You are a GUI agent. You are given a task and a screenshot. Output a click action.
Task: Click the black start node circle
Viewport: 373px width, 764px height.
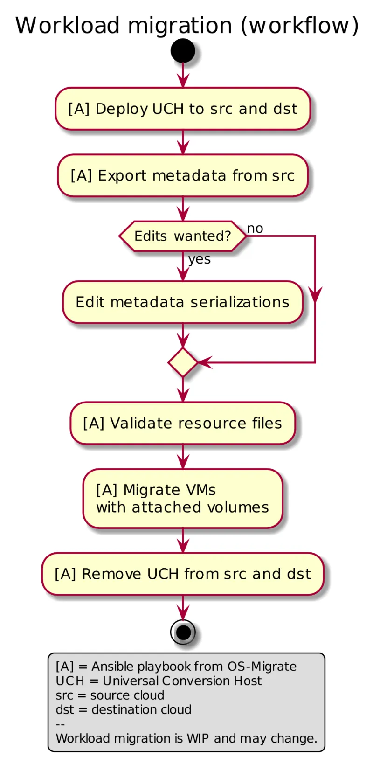pyautogui.click(x=183, y=51)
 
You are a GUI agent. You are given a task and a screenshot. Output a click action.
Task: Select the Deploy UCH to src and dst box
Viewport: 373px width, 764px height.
pyautogui.click(x=183, y=109)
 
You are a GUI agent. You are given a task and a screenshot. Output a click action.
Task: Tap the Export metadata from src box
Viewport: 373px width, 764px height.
pyautogui.click(x=183, y=175)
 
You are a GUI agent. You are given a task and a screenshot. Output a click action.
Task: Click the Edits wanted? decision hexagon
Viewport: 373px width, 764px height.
pyautogui.click(x=183, y=236)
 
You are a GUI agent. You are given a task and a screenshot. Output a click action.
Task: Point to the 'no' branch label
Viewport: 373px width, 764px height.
pyautogui.click(x=255, y=229)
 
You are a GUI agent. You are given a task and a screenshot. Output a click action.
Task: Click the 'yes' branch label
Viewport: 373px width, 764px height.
pyautogui.click(x=200, y=259)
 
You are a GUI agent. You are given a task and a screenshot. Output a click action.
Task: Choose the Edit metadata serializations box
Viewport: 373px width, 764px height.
pyautogui.click(x=183, y=302)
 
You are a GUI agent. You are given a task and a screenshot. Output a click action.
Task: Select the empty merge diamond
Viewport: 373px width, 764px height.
pyautogui.click(x=183, y=362)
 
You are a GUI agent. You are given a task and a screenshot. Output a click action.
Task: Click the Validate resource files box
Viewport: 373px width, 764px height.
pyautogui.click(x=183, y=423)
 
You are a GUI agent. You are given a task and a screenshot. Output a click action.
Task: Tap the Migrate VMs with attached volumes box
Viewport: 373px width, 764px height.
pyautogui.click(x=183, y=499)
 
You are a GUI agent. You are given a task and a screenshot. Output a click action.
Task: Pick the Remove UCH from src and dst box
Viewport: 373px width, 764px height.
pyautogui.click(x=183, y=574)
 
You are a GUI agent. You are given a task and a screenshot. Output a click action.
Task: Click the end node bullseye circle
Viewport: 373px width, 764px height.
pyautogui.click(x=183, y=632)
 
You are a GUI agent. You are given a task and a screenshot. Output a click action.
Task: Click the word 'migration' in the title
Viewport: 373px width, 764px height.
pyautogui.click(x=180, y=26)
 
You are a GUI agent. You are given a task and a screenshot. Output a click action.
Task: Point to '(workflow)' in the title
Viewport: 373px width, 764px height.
pyautogui.click(x=300, y=26)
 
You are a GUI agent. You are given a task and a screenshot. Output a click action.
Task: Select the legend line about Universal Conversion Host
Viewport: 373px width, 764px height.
pyautogui.click(x=159, y=681)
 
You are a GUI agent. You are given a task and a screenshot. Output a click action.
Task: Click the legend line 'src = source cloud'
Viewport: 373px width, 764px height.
pyautogui.click(x=110, y=695)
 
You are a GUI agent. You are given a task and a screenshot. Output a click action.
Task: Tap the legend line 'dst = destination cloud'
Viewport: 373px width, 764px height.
pyautogui.click(x=124, y=710)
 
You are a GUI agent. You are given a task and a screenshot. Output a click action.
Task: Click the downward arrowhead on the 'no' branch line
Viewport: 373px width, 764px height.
pyautogui.click(x=315, y=297)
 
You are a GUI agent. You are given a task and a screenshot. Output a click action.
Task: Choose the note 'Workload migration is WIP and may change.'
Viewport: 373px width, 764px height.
pyautogui.click(x=186, y=739)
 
